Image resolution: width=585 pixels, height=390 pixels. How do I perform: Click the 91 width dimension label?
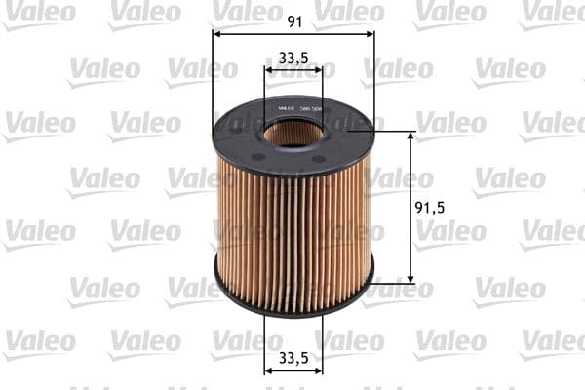pos(293,19)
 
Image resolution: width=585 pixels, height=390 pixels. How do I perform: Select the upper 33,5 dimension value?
pos(293,58)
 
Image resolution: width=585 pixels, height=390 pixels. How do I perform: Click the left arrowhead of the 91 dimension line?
pos(217,34)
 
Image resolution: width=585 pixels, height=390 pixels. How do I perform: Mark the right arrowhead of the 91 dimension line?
pos(370,34)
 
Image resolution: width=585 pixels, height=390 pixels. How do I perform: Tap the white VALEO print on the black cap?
pos(286,108)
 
